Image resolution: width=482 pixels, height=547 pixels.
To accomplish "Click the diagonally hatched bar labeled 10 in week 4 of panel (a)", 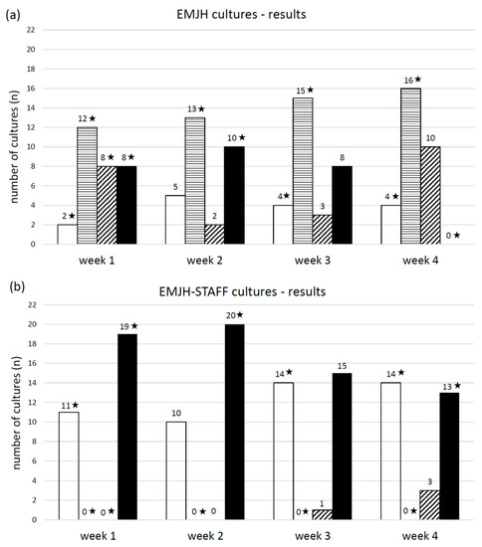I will (x=434, y=195).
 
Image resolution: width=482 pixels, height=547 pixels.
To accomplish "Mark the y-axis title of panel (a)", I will (x=12, y=139).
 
